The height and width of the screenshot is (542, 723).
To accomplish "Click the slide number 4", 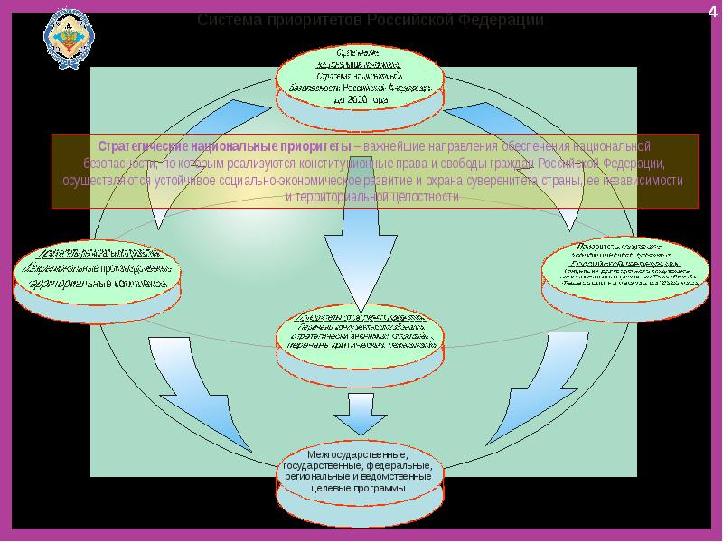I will (711, 10).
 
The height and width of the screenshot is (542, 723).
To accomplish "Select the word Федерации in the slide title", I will (499, 20).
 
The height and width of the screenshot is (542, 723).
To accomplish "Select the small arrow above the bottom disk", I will (360, 415).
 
